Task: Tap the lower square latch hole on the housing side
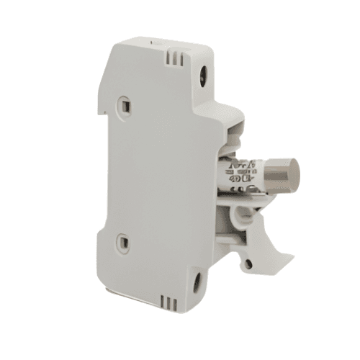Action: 123,243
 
